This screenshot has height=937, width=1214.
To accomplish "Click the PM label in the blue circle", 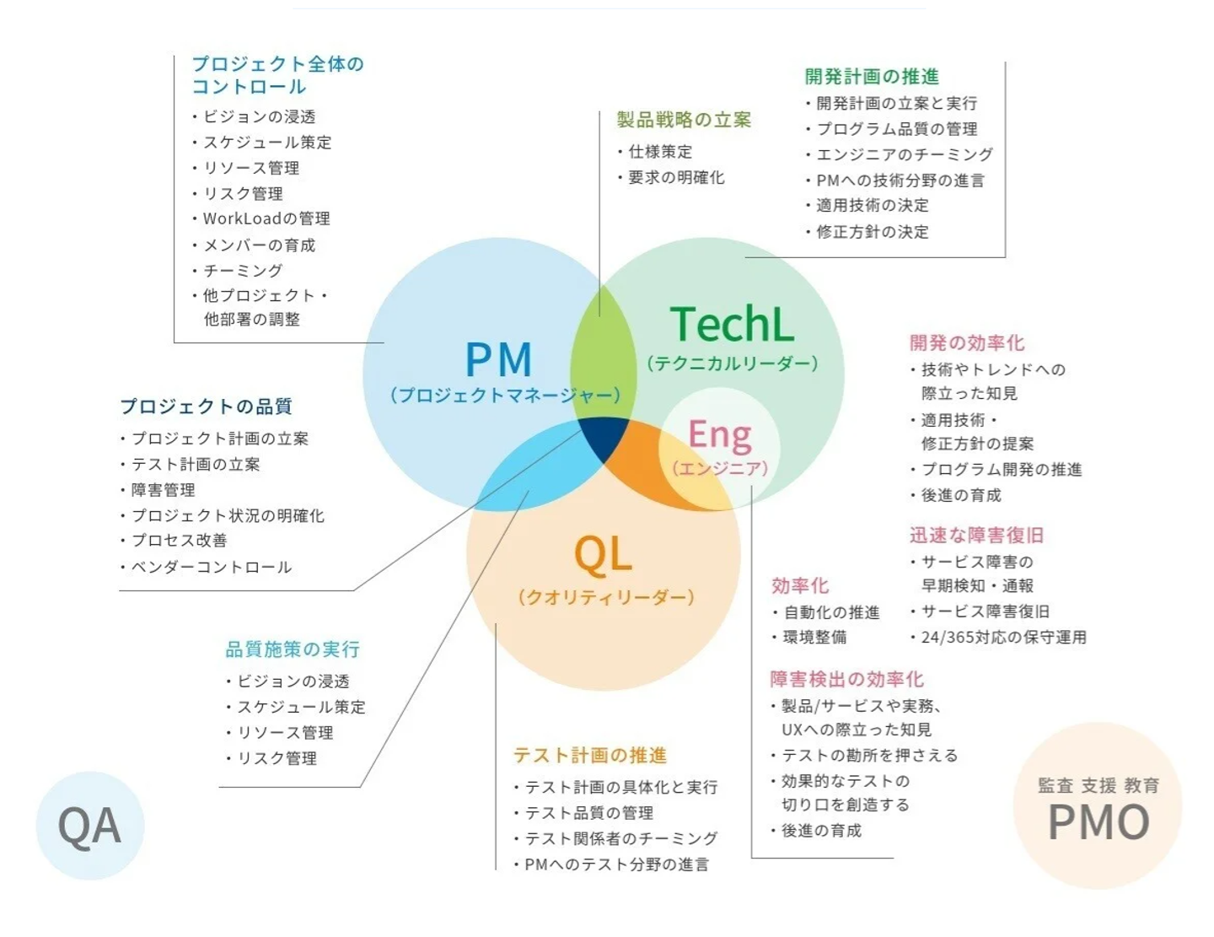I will (x=498, y=360).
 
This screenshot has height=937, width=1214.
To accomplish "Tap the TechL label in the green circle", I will (x=732, y=325).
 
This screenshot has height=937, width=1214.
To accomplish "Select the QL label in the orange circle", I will (x=603, y=555).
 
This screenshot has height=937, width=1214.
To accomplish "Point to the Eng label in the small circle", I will (x=719, y=435).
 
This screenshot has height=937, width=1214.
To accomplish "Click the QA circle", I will (x=89, y=826).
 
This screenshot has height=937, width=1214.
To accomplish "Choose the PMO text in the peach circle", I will (x=1099, y=822).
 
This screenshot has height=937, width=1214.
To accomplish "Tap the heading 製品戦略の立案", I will (x=684, y=120).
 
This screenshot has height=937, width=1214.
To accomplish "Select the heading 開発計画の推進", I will (x=872, y=77).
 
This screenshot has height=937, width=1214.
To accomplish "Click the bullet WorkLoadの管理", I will (x=266, y=218).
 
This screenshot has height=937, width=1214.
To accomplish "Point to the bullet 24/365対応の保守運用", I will (x=1003, y=638).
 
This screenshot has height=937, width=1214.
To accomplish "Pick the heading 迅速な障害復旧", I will (x=976, y=536).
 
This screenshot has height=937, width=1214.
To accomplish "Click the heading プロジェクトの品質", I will (x=206, y=407).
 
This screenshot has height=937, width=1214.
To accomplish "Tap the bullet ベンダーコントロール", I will (x=211, y=567).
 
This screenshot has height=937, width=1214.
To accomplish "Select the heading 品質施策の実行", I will (x=293, y=649).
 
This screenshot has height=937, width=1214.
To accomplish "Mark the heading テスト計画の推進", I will (x=590, y=756).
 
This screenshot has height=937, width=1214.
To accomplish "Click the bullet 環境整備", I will (x=814, y=638).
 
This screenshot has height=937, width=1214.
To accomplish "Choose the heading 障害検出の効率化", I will (x=846, y=680).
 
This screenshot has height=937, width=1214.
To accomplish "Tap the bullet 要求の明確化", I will (x=676, y=178).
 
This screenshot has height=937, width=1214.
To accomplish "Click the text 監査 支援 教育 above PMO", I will (x=1099, y=786).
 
